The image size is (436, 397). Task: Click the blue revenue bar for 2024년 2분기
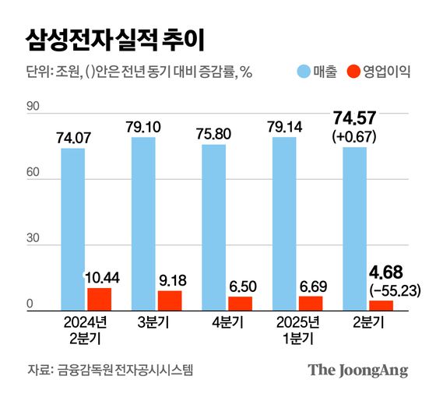[73, 230]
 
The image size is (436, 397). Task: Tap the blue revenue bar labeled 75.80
[214, 228]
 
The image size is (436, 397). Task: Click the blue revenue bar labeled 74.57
[355, 229]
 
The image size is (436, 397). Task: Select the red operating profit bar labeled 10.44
[99, 300]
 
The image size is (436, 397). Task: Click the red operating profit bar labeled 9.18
[169, 301]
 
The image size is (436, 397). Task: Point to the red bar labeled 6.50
[240, 304]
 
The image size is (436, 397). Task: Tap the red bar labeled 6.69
[310, 304]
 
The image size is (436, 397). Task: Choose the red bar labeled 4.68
[381, 306]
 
